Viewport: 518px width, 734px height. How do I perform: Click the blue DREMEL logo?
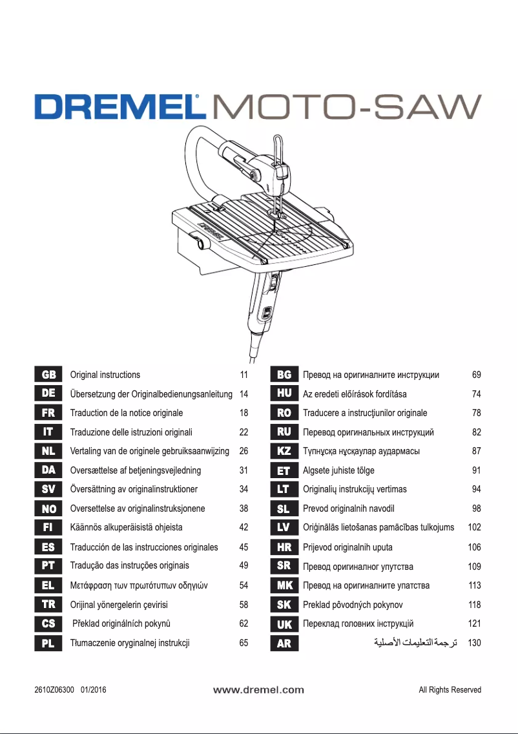[x=116, y=107]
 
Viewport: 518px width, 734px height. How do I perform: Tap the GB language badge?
[x=48, y=375]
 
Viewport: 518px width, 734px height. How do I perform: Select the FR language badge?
[x=48, y=413]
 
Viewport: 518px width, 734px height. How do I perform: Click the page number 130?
[x=474, y=644]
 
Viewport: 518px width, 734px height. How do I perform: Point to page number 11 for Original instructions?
[x=243, y=375]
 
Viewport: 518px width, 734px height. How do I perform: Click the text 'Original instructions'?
[x=105, y=375]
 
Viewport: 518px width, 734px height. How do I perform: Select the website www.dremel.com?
[x=258, y=690]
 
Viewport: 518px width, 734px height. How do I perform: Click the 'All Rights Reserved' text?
[x=450, y=690]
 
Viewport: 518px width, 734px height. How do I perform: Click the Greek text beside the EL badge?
[x=138, y=585]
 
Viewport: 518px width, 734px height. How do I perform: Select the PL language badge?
[x=48, y=644]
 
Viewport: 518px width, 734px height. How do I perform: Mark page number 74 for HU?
[x=477, y=394]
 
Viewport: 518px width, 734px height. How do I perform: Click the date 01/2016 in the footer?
[x=94, y=690]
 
